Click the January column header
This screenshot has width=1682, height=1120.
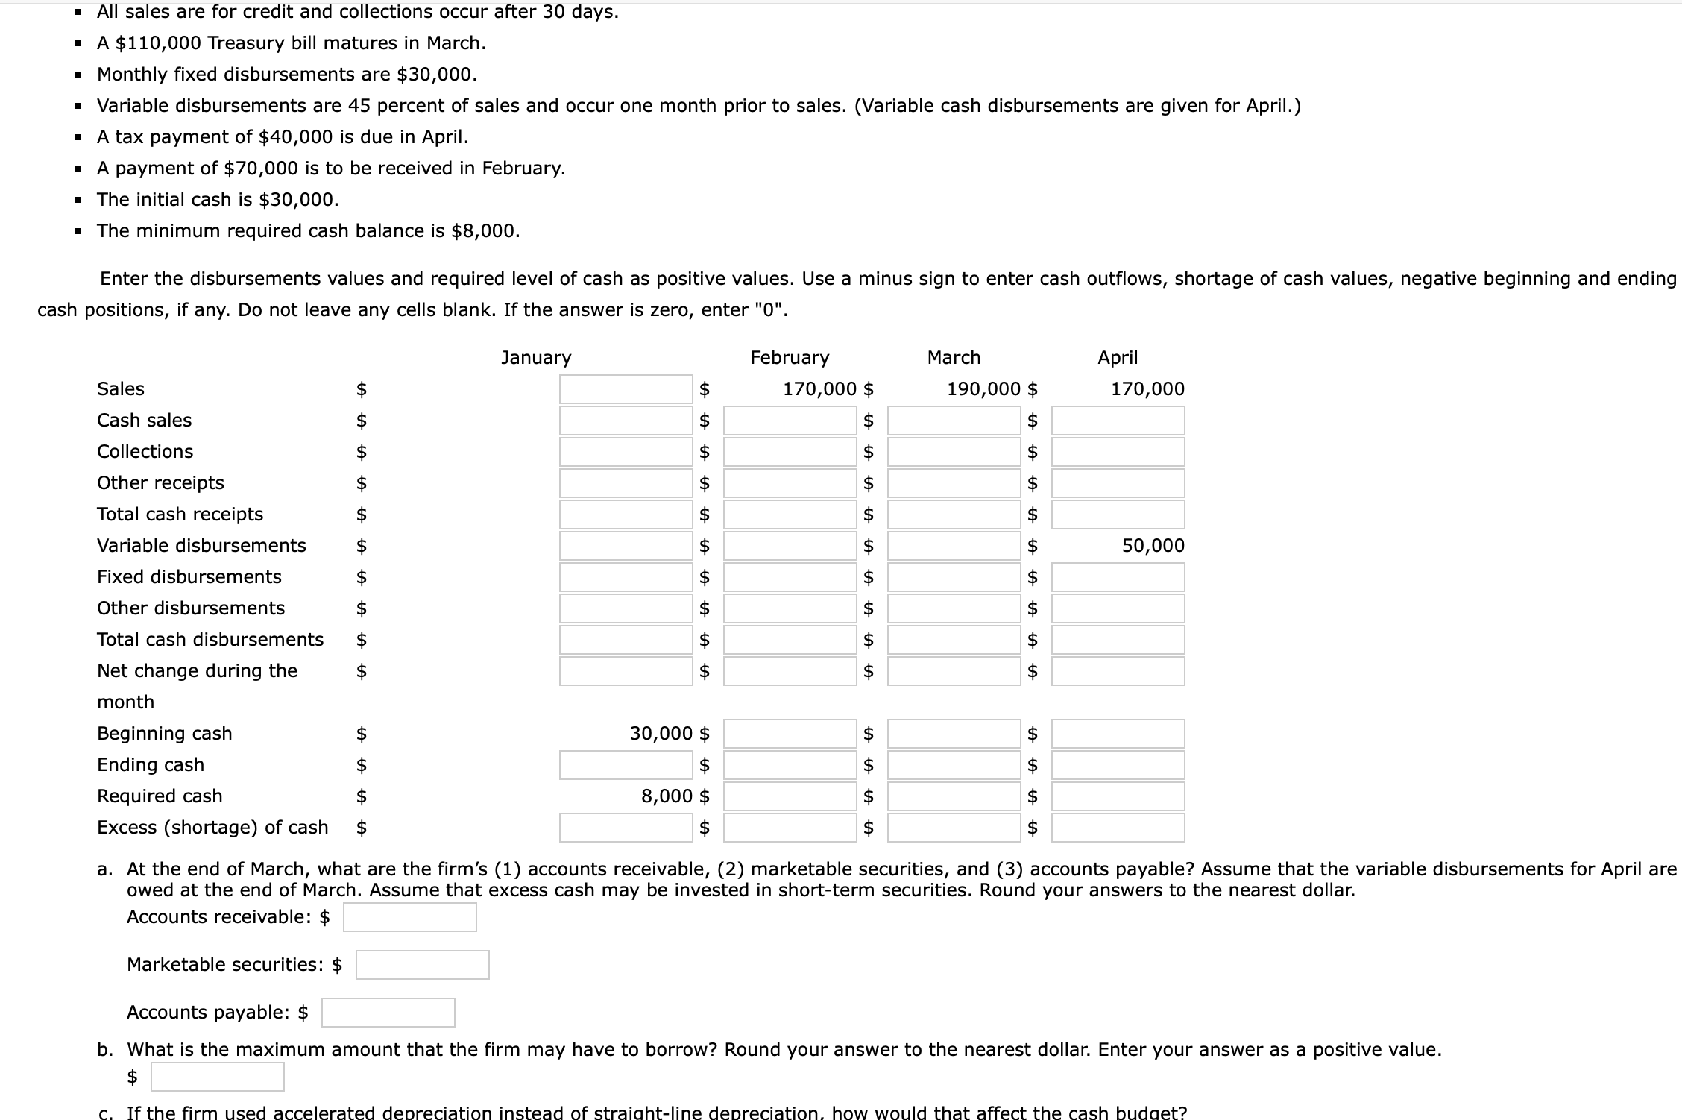[x=536, y=358]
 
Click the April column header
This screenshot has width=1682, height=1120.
[x=1118, y=358]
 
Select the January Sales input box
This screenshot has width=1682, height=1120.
[x=626, y=389]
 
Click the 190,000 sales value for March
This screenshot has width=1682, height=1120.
[x=983, y=389]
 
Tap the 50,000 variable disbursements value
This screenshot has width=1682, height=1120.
[x=1153, y=546]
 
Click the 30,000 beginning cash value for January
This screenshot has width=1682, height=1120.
[x=661, y=734]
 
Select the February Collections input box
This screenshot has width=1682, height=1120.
[x=790, y=452]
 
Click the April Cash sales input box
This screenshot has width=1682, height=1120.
[x=1118, y=421]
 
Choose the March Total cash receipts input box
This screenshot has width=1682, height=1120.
[x=954, y=515]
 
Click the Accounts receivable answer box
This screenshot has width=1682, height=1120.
[x=410, y=917]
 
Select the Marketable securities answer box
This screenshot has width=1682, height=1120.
[x=423, y=965]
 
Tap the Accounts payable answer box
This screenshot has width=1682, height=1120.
[x=388, y=1013]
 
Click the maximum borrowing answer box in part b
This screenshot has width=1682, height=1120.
[x=218, y=1077]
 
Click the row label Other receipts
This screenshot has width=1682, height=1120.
[x=160, y=483]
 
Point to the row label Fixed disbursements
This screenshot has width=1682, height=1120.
[x=189, y=577]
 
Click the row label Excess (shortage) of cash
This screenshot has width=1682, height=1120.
[x=212, y=828]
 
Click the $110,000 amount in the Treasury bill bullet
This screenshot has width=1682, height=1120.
[x=158, y=43]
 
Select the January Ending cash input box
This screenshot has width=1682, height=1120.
[x=626, y=765]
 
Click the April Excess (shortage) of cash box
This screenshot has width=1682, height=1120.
[x=1118, y=828]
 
